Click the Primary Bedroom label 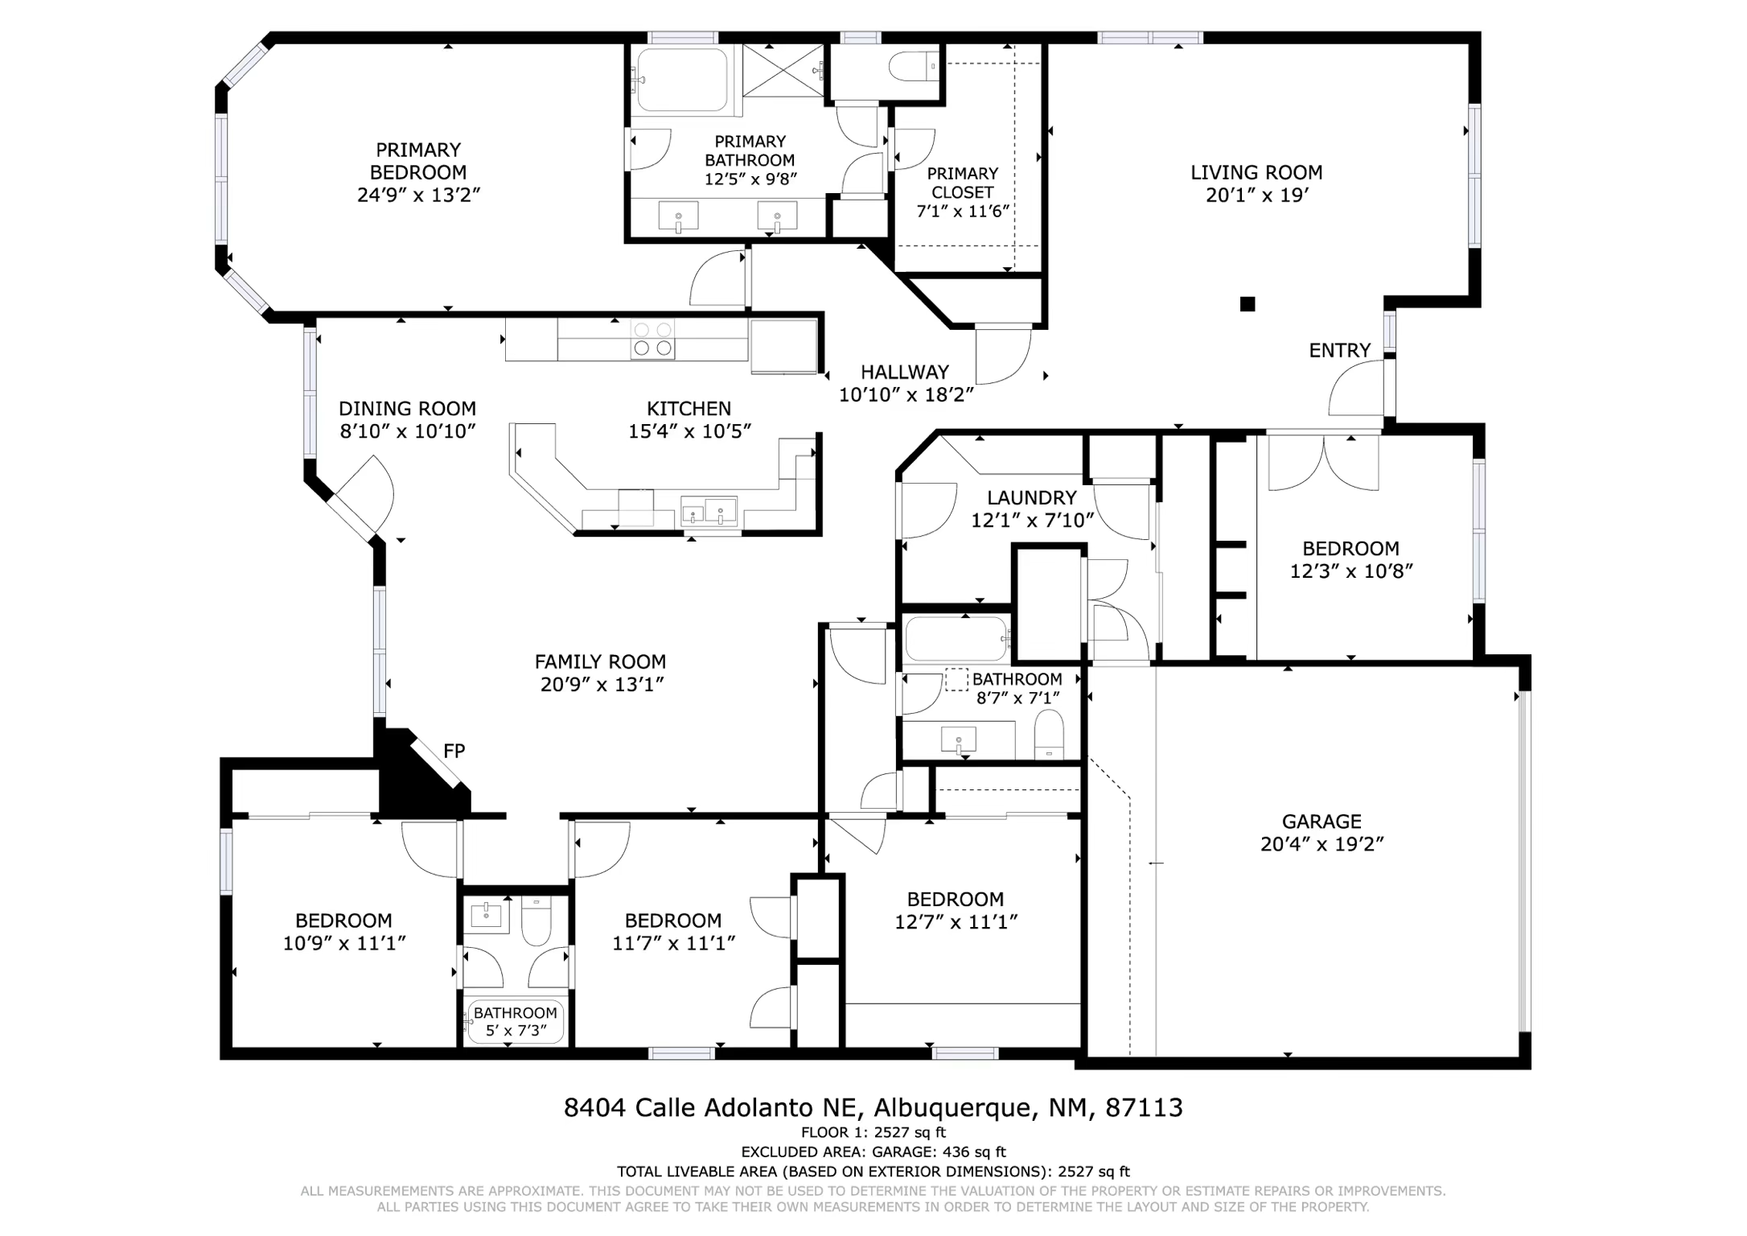(418, 161)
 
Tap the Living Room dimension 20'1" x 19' (1256, 195)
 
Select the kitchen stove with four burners (652, 339)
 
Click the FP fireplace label (454, 751)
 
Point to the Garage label (1322, 822)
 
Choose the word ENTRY (1339, 350)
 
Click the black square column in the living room (1248, 303)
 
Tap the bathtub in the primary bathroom (682, 80)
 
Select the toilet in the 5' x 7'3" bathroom (536, 922)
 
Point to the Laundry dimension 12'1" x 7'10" (1032, 521)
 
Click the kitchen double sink (709, 511)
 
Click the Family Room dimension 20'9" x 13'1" (602, 685)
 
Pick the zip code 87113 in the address (1144, 1108)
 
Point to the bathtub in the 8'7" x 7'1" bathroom (956, 639)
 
